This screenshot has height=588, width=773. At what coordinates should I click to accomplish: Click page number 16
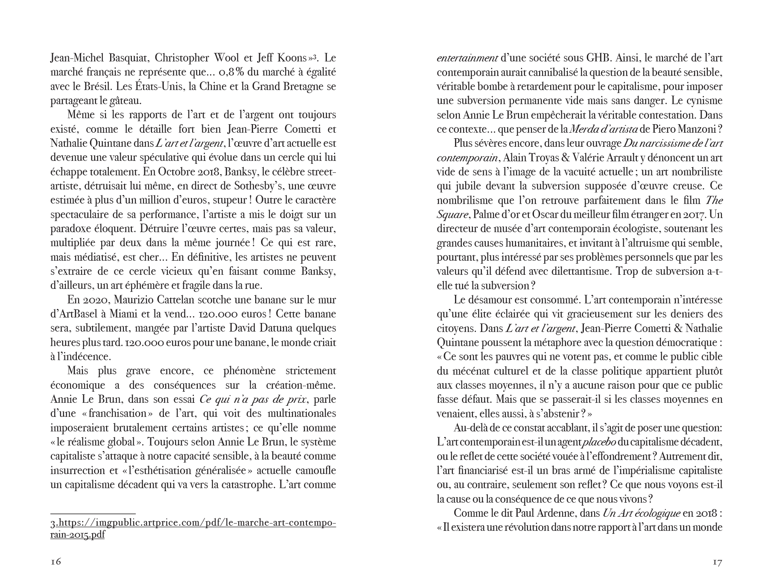[x=56, y=562]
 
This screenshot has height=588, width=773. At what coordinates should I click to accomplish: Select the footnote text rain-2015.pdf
[x=77, y=535]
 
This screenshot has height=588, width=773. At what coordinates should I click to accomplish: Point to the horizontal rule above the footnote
[x=93, y=514]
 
